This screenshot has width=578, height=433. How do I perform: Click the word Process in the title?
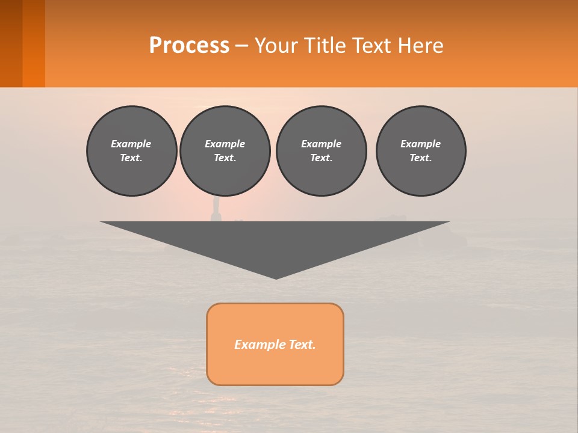pos(189,45)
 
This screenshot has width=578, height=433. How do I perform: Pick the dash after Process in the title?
pos(242,46)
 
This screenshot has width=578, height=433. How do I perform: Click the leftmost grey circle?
pos(131,151)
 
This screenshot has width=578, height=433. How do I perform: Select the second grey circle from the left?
pos(225,151)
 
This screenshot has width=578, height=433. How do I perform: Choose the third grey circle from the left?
pos(321,151)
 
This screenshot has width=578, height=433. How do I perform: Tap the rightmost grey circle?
pos(421,151)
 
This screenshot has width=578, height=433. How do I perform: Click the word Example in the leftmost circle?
pos(131,144)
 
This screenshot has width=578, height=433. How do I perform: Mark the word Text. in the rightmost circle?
pos(421,158)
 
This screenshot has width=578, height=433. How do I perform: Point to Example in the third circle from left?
pos(321,144)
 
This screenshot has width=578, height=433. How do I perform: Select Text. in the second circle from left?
pos(225,158)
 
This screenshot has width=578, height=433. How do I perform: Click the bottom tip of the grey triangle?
pos(276,277)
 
